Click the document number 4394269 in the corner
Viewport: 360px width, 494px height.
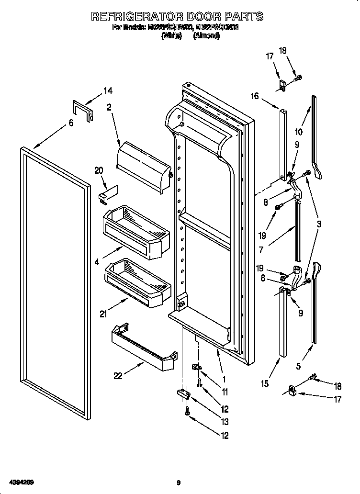point(20,482)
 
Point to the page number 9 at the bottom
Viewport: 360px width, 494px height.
point(178,482)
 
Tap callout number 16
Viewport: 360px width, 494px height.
point(254,96)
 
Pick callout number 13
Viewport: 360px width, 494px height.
point(225,422)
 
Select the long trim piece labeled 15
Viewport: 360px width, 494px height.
point(282,326)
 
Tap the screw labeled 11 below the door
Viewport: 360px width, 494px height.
point(200,382)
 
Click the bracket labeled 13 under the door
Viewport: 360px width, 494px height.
point(184,393)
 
